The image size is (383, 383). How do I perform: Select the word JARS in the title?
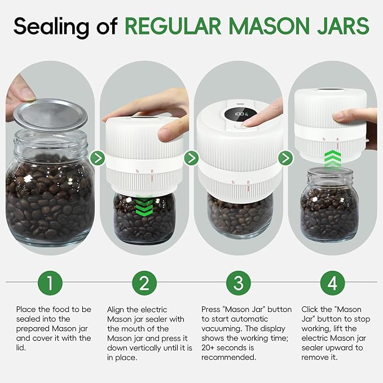(x=342, y=25)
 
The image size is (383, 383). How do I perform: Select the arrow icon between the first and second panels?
(x=98, y=158)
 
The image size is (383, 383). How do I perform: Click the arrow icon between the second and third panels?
(x=192, y=158)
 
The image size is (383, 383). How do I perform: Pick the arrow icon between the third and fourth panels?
(x=285, y=158)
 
